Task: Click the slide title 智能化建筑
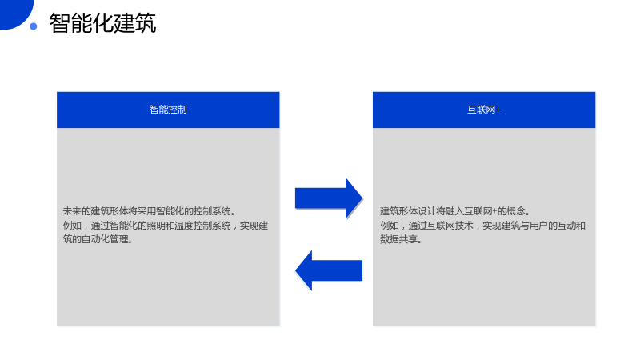[x=102, y=23]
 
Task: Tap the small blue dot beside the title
[x=34, y=26]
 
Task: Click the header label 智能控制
[x=168, y=110]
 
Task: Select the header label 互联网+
[x=484, y=110]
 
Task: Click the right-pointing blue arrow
[x=329, y=198]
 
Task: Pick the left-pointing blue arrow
[x=329, y=270]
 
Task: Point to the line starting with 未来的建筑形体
[x=149, y=211]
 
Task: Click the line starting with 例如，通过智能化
[x=166, y=226]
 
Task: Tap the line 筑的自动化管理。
[x=98, y=239]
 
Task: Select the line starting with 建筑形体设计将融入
[x=455, y=211]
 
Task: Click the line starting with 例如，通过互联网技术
[x=483, y=226]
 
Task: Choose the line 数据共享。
[x=402, y=239]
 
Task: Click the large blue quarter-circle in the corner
[x=14, y=12]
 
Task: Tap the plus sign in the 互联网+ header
[x=498, y=110]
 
